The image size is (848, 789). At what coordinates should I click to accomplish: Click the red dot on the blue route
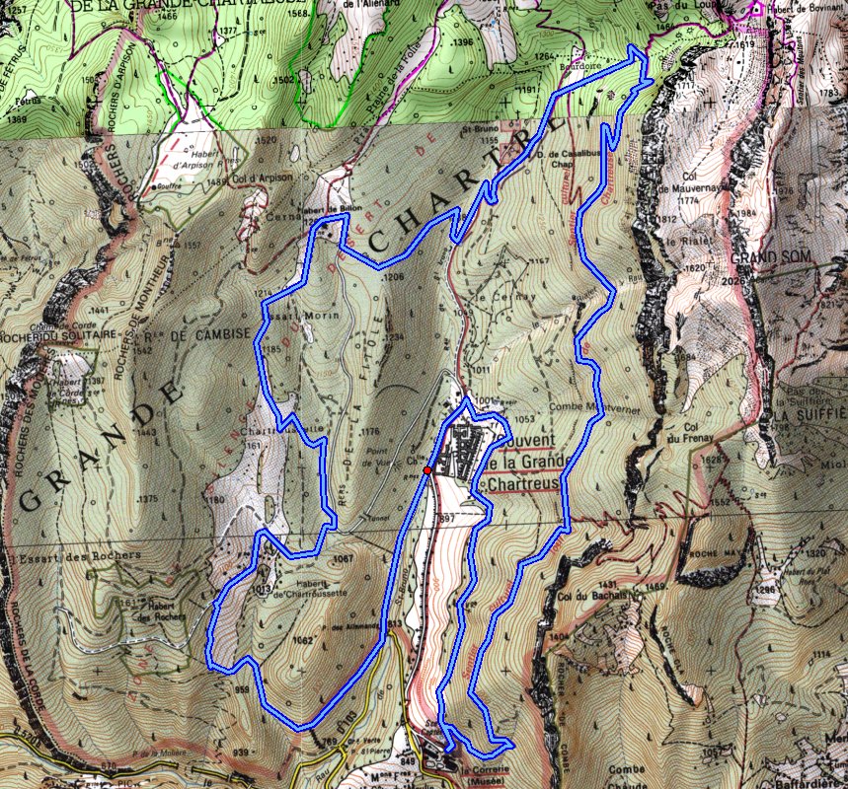(x=426, y=470)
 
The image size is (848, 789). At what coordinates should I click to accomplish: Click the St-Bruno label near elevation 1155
(x=477, y=129)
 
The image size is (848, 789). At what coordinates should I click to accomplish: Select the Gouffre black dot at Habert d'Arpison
(x=158, y=185)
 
